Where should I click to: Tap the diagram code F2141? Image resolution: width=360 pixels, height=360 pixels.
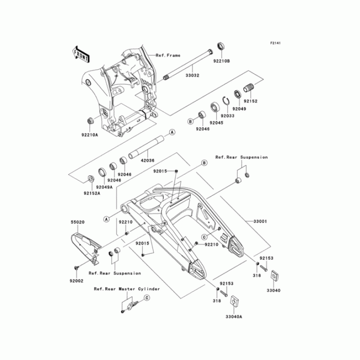click(x=275, y=43)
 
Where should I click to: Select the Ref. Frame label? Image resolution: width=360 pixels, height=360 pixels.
click(x=168, y=55)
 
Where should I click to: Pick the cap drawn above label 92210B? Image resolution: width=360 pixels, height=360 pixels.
click(x=221, y=46)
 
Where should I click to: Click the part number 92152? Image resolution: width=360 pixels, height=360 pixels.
click(x=251, y=101)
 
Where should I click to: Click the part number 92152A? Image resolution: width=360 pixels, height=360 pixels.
click(x=91, y=193)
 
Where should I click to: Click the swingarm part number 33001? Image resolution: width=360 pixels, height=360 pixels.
click(x=260, y=221)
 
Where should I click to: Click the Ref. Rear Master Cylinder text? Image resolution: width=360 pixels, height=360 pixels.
click(x=126, y=290)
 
